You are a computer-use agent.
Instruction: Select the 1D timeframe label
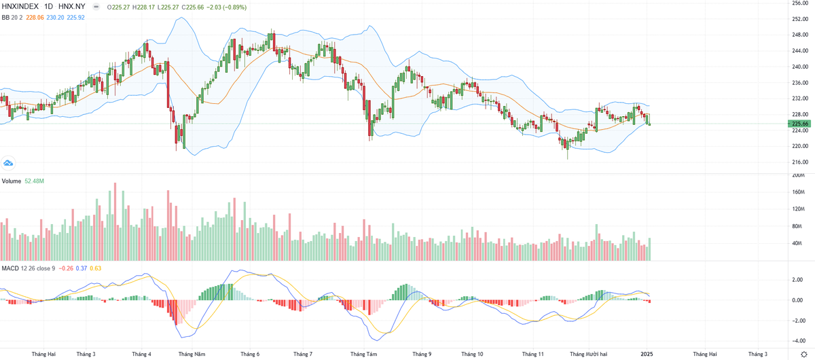click(x=48, y=7)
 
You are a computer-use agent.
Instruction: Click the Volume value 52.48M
click(x=35, y=181)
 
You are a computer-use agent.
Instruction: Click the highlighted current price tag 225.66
click(x=800, y=124)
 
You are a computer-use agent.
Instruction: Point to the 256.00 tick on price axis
click(x=800, y=3)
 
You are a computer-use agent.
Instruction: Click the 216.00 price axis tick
click(x=800, y=162)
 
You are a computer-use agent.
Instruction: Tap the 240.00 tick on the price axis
click(x=800, y=67)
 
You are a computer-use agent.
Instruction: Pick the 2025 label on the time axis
click(x=647, y=354)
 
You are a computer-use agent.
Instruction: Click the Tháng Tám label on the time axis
click(x=363, y=354)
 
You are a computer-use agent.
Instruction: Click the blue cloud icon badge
click(x=8, y=163)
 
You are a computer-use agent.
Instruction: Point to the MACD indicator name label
click(x=10, y=268)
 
